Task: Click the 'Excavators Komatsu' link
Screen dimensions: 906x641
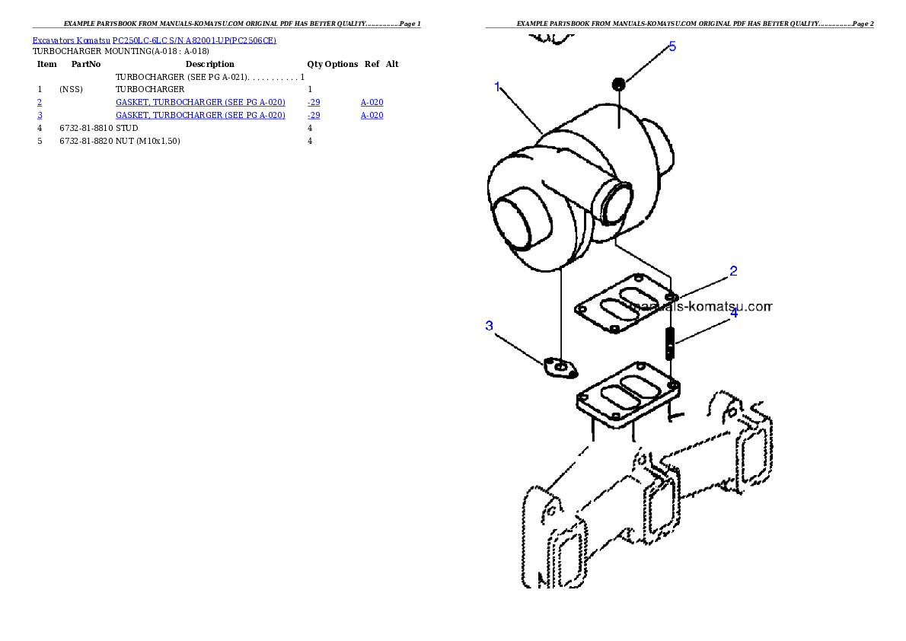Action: [x=71, y=40]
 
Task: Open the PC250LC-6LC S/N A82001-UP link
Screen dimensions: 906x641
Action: [x=194, y=40]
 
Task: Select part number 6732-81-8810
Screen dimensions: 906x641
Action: [x=86, y=129]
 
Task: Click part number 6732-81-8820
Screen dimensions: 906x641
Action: [x=86, y=141]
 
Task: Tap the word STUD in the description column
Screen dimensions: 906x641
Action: [x=126, y=129]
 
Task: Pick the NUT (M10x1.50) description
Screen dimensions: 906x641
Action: [x=148, y=141]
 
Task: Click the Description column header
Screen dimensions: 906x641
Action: [x=209, y=64]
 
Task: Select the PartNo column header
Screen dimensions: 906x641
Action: [x=86, y=64]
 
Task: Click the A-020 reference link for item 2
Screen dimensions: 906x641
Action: [x=372, y=102]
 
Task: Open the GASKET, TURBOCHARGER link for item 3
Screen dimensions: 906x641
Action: [x=200, y=115]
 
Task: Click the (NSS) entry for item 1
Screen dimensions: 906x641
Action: [x=71, y=90]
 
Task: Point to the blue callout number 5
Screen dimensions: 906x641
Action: [x=672, y=46]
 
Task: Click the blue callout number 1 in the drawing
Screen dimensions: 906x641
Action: [x=497, y=87]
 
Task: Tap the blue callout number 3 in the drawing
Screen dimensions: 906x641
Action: [x=490, y=325]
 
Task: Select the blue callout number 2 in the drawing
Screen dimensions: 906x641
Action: [x=733, y=270]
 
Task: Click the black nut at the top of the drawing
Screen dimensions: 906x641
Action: [x=618, y=85]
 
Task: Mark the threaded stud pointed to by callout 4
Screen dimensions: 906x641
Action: [x=670, y=343]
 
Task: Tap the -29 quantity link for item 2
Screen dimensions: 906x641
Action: [x=314, y=102]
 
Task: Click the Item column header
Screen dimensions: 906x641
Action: [x=46, y=64]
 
